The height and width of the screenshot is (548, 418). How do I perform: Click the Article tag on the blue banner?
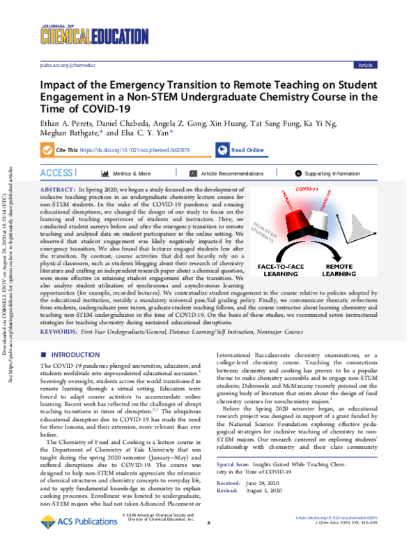(365, 64)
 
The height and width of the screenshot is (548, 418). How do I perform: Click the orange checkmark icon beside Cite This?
(47, 150)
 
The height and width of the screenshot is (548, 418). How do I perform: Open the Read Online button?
(241, 150)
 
